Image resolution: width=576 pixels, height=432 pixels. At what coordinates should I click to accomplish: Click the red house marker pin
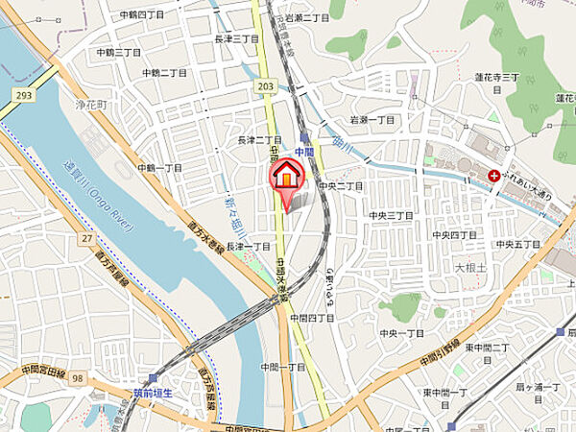coord(287,178)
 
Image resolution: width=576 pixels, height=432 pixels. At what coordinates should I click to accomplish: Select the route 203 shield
coord(265,87)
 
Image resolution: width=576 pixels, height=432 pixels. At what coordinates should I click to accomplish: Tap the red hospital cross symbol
coord(493,176)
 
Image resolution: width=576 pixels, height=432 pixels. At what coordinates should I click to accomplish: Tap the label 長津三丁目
coord(236,38)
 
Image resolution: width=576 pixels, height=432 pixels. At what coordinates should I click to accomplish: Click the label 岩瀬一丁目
coord(372,120)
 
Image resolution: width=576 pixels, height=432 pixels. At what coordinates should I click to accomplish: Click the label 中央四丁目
coord(453,234)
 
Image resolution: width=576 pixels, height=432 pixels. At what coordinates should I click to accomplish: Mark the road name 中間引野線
coord(441,354)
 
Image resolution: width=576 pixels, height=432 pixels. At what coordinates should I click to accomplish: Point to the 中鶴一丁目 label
coord(159,167)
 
